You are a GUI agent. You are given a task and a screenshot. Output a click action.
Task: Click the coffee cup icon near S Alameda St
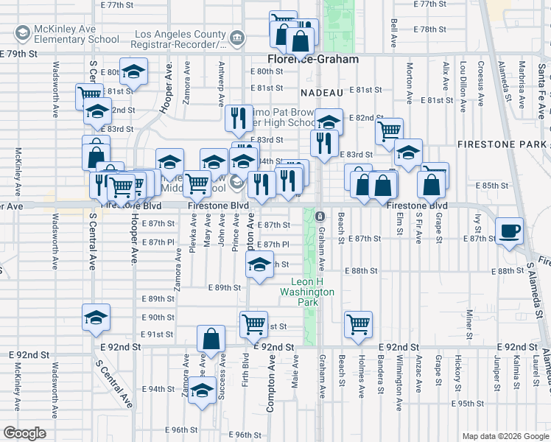pyautogui.click(x=510, y=231)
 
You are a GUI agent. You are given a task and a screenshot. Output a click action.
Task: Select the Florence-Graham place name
pyautogui.click(x=312, y=59)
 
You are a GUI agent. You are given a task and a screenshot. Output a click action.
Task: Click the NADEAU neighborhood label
pyautogui.click(x=322, y=93)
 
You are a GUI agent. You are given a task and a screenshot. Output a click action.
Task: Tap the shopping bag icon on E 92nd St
pyautogui.click(x=211, y=340)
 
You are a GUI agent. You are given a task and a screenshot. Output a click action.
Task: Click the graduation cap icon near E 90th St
pyautogui.click(x=96, y=317)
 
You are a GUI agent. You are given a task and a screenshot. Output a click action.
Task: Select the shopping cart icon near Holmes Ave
pyautogui.click(x=358, y=323)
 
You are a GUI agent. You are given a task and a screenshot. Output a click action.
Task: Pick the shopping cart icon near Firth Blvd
pyautogui.click(x=253, y=323)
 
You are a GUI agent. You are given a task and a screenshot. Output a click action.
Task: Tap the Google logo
pyautogui.click(x=24, y=433)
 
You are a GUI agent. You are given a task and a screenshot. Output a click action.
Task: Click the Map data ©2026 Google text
pyautogui.click(x=505, y=436)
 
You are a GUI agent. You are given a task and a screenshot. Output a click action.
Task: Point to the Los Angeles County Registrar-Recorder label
pyautogui.click(x=180, y=40)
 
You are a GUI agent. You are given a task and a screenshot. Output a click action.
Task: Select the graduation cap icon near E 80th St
pyautogui.click(x=133, y=72)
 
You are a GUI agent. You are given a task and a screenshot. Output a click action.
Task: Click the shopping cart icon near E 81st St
pyautogui.click(x=88, y=95)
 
